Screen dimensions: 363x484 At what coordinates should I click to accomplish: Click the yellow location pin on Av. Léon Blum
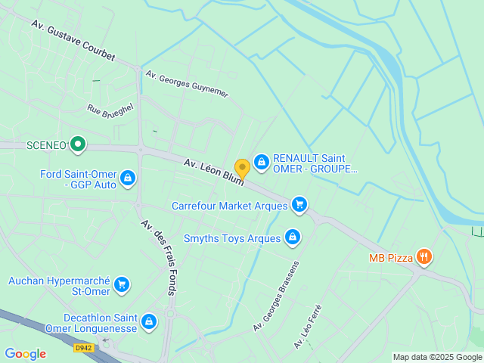(x=242, y=168)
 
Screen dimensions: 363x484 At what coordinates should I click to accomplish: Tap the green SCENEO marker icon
(x=77, y=144)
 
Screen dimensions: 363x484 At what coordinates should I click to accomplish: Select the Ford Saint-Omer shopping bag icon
(x=128, y=178)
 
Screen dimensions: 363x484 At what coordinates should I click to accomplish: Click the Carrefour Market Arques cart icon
(x=299, y=204)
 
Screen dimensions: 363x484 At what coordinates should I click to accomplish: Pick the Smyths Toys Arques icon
(x=293, y=238)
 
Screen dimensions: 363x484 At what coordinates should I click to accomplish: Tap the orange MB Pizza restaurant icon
(x=424, y=258)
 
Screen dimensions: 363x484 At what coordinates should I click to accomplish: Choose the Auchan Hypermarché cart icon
(x=122, y=285)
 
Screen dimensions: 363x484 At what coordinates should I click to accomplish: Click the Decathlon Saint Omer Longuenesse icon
(x=149, y=321)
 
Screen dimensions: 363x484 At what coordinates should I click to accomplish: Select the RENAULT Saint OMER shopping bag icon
(x=261, y=161)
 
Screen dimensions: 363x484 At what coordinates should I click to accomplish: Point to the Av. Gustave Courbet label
(x=73, y=41)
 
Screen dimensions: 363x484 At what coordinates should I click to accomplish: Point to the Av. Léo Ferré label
(x=308, y=327)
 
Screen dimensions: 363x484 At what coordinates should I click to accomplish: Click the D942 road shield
(x=83, y=348)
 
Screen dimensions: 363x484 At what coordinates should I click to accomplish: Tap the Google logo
(x=25, y=354)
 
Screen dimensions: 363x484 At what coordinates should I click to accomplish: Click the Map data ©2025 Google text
(x=436, y=357)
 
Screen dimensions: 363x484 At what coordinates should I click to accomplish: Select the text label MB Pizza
(x=391, y=258)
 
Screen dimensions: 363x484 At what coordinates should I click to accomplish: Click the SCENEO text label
(x=46, y=144)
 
